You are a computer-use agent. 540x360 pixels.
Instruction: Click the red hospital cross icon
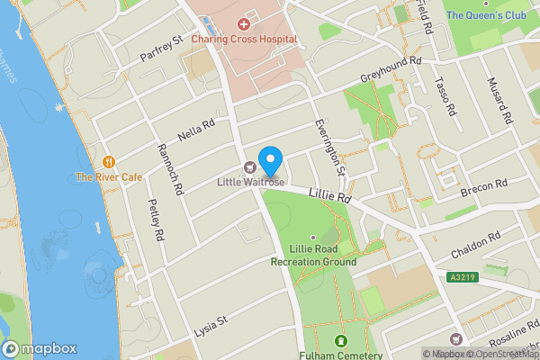(243, 23)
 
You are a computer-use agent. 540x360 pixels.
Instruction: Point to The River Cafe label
(109, 177)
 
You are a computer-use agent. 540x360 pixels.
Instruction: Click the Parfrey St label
(161, 50)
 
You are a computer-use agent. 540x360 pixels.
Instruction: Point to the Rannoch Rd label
(170, 170)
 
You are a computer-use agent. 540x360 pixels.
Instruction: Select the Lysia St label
(212, 319)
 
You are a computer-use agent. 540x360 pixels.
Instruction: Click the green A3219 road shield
(461, 278)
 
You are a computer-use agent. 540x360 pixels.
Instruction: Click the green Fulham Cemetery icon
(341, 341)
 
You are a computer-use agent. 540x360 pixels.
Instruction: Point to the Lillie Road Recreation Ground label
(313, 256)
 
